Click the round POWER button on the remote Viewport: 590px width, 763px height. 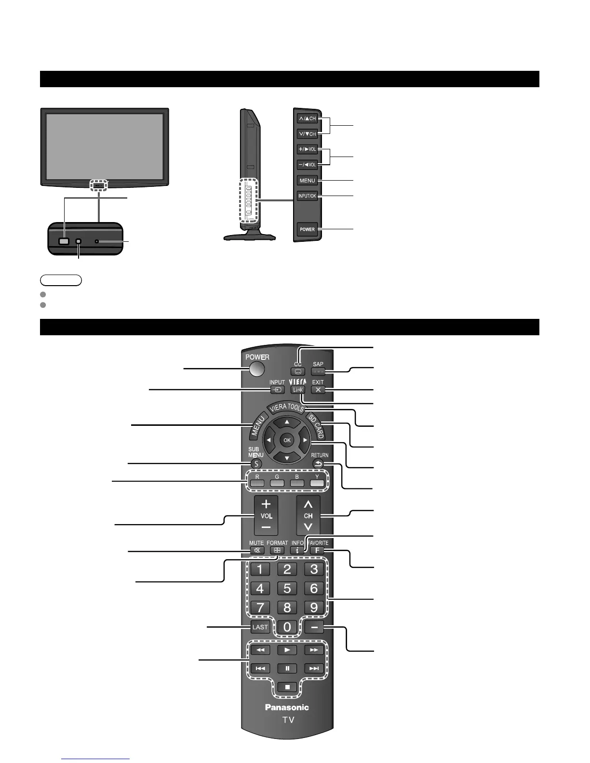coord(257,369)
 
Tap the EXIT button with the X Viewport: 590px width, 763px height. coord(318,390)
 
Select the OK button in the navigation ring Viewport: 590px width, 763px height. coord(287,440)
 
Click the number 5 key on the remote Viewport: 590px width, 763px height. coord(287,588)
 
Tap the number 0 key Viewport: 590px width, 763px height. coord(287,627)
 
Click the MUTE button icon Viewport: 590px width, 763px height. coord(256,550)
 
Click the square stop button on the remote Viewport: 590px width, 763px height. coord(287,687)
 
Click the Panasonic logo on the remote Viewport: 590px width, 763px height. coord(287,708)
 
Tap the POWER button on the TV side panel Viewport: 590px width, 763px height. coord(307,229)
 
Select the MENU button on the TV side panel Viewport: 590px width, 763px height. coord(307,181)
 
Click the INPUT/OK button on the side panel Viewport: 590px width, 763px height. coord(307,196)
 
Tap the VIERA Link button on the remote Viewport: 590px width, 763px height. coord(298,390)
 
